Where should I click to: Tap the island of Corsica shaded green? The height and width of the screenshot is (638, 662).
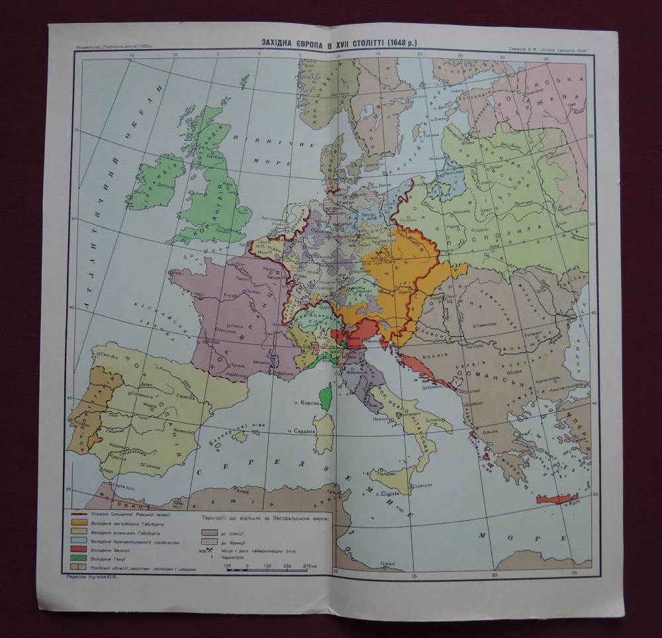coord(325,395)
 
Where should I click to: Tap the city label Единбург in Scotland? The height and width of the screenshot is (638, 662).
coord(213,157)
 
